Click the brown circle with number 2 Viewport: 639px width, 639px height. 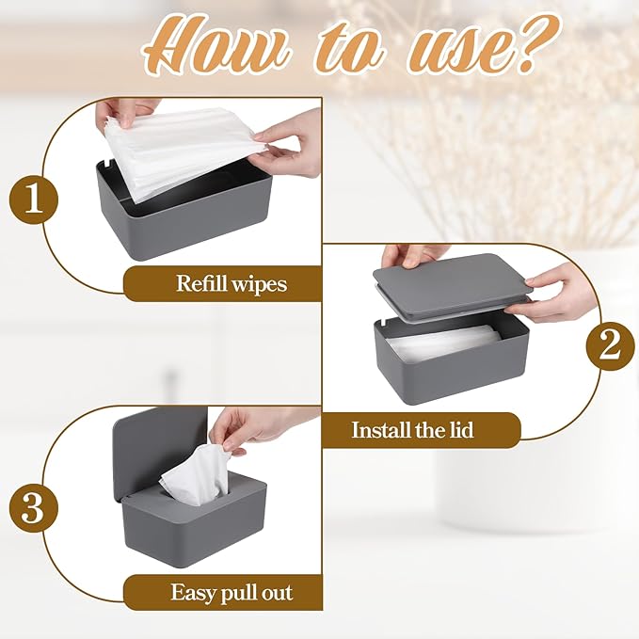[609, 345]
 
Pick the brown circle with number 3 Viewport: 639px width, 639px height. [34, 508]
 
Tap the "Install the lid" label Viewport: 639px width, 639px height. [412, 430]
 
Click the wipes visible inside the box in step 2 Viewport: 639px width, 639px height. [442, 343]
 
